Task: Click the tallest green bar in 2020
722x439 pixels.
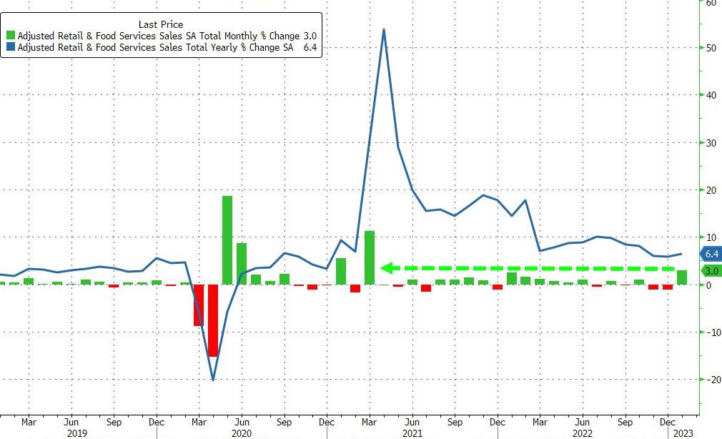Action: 227,240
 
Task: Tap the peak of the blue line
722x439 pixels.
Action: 384,30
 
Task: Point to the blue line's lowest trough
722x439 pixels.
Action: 213,380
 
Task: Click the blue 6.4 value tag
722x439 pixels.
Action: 711,254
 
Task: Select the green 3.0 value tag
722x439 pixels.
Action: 711,271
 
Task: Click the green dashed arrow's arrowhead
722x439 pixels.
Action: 386,268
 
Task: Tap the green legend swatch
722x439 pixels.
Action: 10,36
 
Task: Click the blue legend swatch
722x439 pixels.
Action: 10,49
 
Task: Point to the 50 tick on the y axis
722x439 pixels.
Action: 711,49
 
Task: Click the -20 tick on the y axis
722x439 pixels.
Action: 710,380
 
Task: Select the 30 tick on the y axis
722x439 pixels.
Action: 711,143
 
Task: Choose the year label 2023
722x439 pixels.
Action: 681,433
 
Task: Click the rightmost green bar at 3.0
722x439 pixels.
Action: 682,277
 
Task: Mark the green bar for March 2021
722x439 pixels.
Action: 370,257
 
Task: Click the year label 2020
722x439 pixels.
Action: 242,433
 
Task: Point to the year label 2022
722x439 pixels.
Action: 582,433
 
